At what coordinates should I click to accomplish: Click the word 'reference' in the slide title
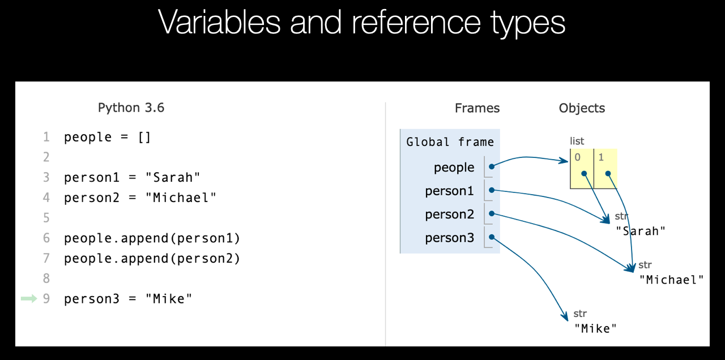tap(416, 22)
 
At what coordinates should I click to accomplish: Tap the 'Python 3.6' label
tap(131, 108)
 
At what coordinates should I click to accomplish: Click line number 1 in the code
tap(46, 137)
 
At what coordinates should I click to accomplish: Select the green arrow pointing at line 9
tap(29, 298)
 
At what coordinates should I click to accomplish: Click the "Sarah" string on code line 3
tap(173, 177)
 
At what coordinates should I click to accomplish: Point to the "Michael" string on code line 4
tap(181, 198)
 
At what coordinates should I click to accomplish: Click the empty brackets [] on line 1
tap(144, 138)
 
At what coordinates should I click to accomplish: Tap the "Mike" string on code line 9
tap(169, 298)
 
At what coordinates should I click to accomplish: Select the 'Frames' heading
tap(477, 108)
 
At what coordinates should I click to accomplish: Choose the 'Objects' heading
tap(582, 108)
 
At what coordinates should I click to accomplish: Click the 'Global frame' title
tap(450, 142)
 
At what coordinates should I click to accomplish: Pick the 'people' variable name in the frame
tap(454, 168)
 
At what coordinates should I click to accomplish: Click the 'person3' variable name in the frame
tap(450, 238)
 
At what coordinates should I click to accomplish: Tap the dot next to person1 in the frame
tap(492, 190)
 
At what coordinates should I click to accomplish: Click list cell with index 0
tap(582, 169)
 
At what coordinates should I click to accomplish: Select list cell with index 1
tap(606, 169)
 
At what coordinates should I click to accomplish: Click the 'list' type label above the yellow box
tap(577, 141)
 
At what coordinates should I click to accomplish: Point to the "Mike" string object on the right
tap(595, 329)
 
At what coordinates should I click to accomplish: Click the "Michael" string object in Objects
tap(672, 280)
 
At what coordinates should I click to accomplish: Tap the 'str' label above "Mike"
tap(580, 314)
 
